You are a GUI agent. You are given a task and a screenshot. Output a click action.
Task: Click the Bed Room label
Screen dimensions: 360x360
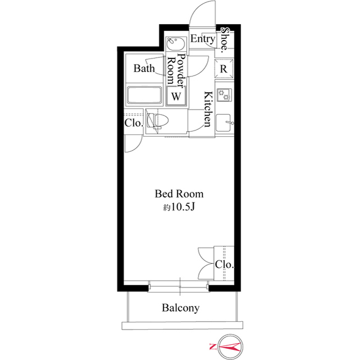[179, 194]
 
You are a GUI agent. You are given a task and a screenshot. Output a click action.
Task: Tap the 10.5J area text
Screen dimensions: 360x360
[179, 208]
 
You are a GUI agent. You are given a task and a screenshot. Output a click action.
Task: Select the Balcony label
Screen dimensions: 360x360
[181, 308]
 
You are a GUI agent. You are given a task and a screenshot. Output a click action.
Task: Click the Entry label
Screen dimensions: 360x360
[202, 39]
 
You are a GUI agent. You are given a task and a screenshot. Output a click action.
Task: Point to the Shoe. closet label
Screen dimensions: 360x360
[225, 40]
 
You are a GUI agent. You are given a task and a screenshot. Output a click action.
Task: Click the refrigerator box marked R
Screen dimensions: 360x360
[224, 69]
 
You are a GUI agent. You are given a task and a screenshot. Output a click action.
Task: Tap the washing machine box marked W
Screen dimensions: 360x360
[176, 96]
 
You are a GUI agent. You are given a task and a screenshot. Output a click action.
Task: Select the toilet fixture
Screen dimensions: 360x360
[157, 120]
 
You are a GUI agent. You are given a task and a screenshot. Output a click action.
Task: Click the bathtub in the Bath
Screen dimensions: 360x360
[144, 95]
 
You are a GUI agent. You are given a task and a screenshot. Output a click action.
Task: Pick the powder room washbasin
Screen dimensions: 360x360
[176, 43]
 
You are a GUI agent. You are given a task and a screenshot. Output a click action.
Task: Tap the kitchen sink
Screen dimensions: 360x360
[223, 123]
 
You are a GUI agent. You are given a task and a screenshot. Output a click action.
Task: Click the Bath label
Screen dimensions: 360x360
[144, 69]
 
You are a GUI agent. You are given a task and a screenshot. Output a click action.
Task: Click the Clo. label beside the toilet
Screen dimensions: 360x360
[134, 123]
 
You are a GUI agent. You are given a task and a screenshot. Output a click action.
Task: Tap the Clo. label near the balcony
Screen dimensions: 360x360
[224, 265]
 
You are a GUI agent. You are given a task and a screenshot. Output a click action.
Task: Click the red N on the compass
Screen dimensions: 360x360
[213, 346]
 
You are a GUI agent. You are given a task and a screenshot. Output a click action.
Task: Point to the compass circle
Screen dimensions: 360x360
[230, 335]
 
